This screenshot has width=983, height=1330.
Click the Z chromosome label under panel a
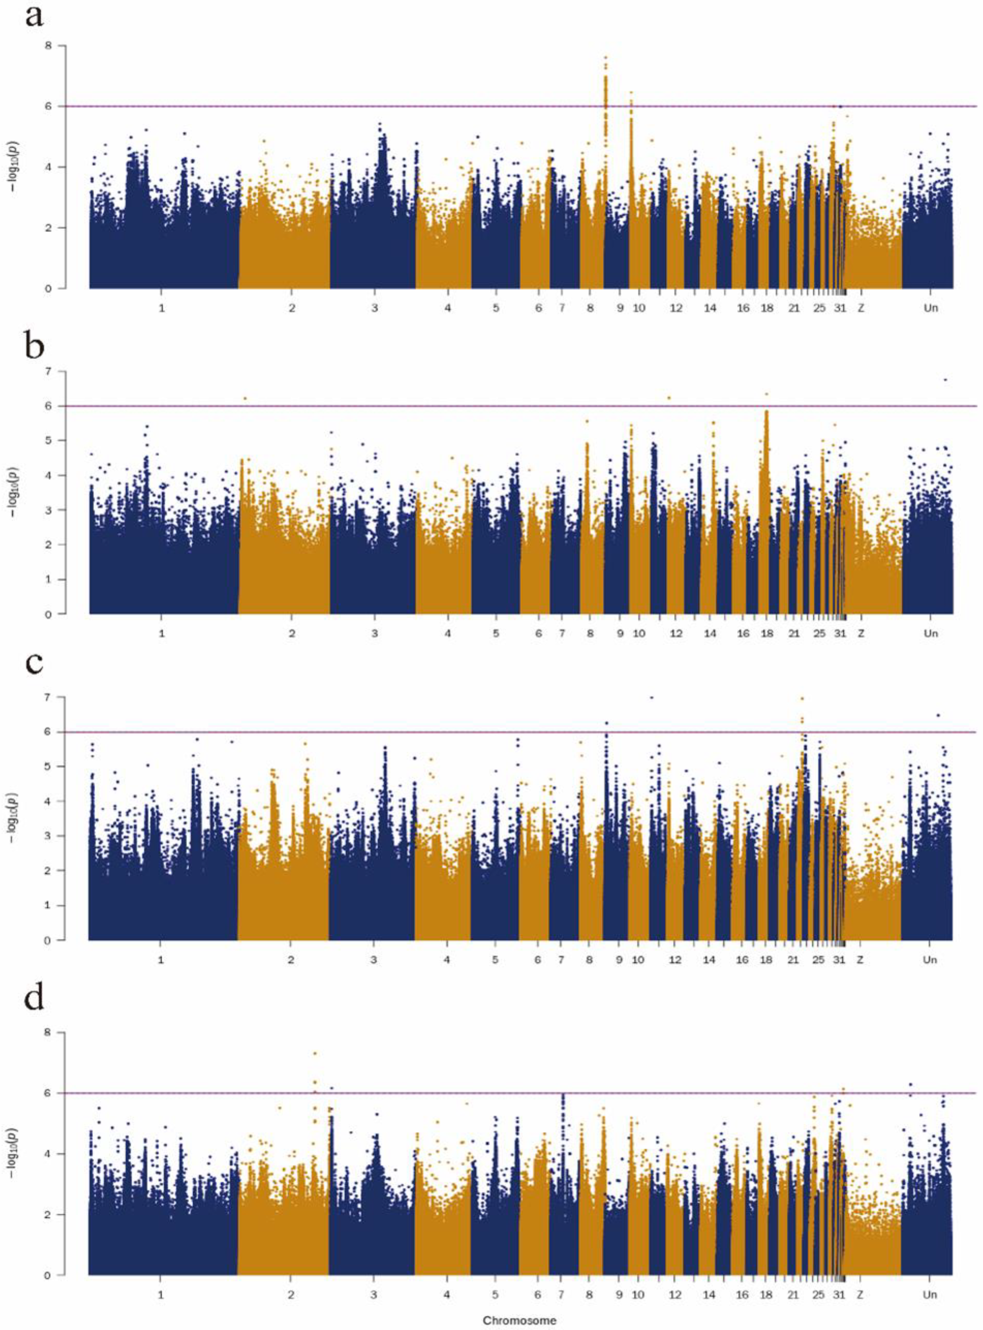click(860, 308)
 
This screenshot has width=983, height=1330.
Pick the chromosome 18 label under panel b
click(767, 633)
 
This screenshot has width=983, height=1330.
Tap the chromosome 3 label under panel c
click(373, 960)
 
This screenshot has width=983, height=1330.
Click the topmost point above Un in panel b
click(945, 379)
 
